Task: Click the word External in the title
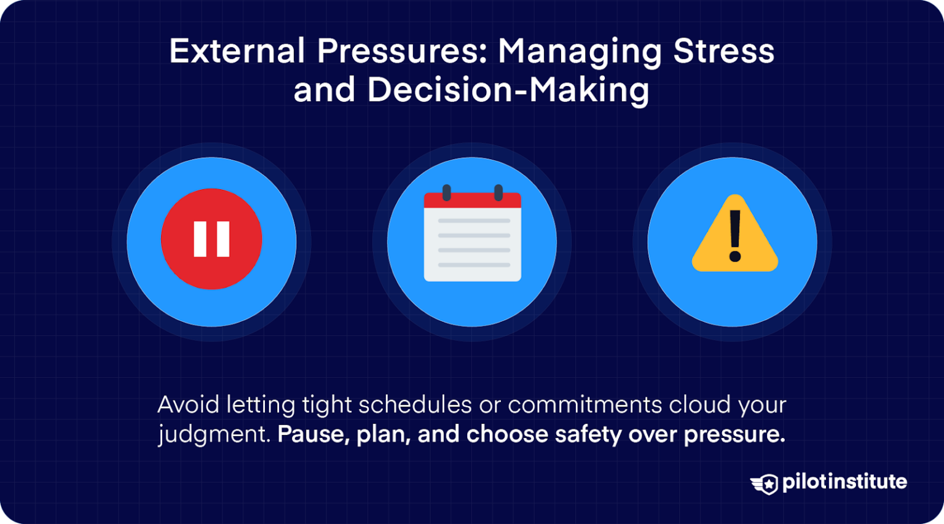pos(237,51)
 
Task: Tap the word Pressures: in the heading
pos(402,51)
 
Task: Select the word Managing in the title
pos(580,53)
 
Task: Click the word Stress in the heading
pos(723,51)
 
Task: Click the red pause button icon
pos(211,239)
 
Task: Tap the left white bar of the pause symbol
pos(200,239)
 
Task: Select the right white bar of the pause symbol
pos(223,239)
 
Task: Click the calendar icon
pos(473,233)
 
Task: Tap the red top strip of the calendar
pos(473,200)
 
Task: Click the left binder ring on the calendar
pos(447,192)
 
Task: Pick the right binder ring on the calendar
pos(498,192)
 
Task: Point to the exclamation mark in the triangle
pos(735,236)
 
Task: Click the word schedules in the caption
pos(415,405)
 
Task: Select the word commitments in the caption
pos(585,405)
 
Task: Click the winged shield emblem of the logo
pos(764,483)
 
